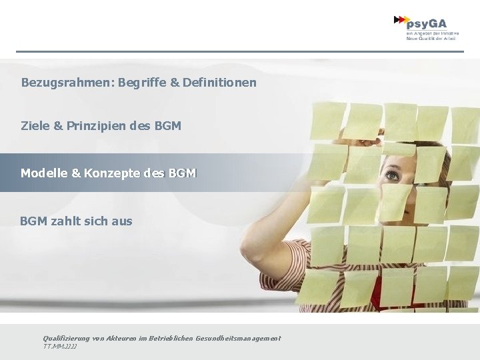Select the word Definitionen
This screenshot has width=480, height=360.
219,83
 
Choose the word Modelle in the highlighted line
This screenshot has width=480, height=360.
44,173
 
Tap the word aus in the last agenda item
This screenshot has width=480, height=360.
122,221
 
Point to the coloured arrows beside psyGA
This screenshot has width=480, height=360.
401,20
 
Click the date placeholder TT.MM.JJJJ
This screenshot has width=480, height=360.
60,347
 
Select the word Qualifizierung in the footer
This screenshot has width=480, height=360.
64,339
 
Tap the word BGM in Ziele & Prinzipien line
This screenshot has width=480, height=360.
167,125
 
